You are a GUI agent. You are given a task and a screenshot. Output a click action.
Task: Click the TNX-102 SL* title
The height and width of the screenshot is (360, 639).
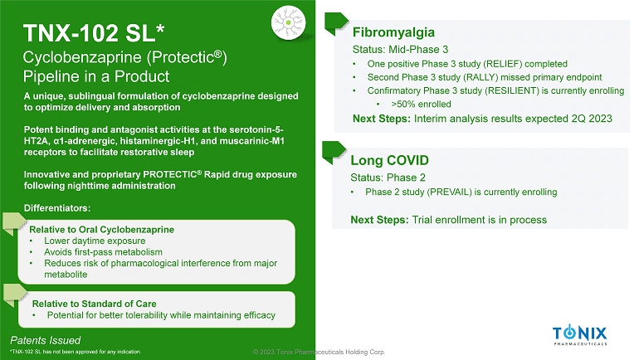click(x=94, y=33)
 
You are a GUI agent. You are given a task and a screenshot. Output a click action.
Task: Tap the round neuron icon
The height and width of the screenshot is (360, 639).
click(x=289, y=22)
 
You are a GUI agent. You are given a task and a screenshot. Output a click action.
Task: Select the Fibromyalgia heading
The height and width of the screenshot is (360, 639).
click(x=393, y=32)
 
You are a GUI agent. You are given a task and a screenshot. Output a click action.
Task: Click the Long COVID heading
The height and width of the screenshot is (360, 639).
click(x=389, y=160)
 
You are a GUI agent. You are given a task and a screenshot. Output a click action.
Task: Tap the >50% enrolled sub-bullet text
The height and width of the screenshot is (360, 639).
click(x=421, y=105)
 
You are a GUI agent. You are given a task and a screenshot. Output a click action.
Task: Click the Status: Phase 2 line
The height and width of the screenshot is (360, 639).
click(x=388, y=178)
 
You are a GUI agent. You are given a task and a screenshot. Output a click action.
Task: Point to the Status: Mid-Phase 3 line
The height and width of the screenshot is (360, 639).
click(x=400, y=50)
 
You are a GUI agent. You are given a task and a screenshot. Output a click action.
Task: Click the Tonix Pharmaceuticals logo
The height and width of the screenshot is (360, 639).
click(x=579, y=336)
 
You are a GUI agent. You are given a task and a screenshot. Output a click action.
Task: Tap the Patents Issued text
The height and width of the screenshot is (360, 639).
click(x=46, y=340)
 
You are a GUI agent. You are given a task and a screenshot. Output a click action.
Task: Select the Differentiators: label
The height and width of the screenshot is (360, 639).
click(x=57, y=208)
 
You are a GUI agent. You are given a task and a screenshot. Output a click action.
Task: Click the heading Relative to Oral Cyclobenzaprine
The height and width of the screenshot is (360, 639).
click(x=101, y=230)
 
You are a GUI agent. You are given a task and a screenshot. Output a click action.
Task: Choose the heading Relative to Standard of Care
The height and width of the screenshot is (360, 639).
click(x=94, y=304)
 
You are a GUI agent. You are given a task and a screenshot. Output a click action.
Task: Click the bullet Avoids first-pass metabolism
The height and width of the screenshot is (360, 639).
click(x=103, y=252)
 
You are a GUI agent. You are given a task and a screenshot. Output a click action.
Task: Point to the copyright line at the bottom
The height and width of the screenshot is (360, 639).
click(x=319, y=352)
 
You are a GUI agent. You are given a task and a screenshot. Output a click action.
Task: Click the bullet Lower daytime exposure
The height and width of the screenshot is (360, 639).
click(x=95, y=241)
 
